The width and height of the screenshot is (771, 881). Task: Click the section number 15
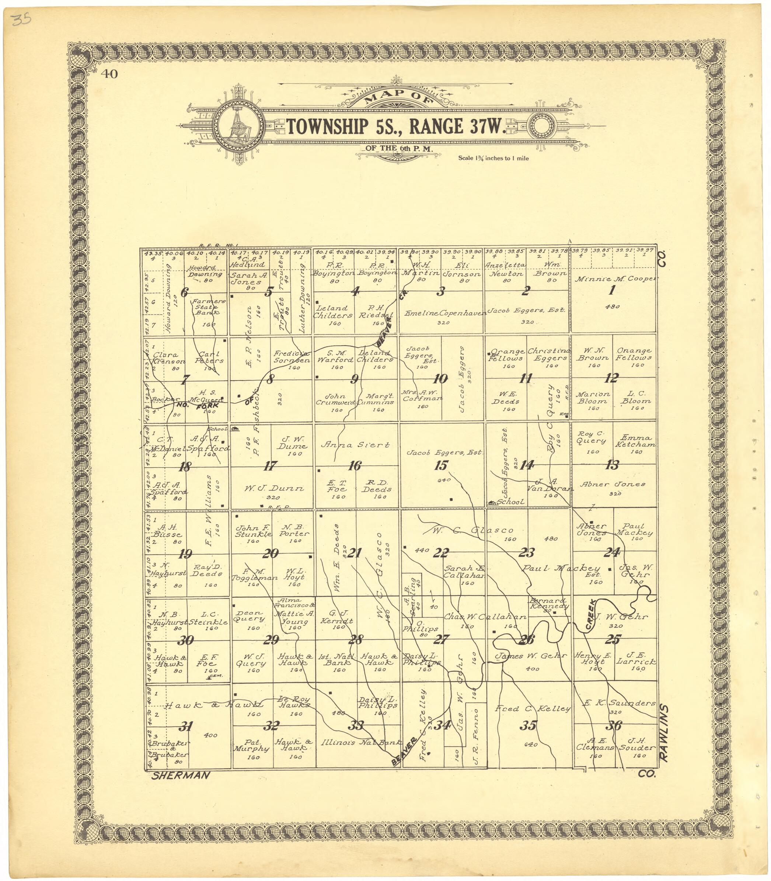point(442,465)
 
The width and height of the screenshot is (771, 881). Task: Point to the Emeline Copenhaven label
point(445,313)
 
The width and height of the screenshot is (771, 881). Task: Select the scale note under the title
point(493,159)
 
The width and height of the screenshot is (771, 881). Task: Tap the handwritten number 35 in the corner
point(20,20)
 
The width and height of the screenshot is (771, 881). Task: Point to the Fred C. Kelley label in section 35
point(533,708)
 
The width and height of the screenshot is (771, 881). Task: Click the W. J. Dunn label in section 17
point(274,488)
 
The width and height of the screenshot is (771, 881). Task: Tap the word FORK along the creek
point(207,406)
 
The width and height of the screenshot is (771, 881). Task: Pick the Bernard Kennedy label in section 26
point(548,603)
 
